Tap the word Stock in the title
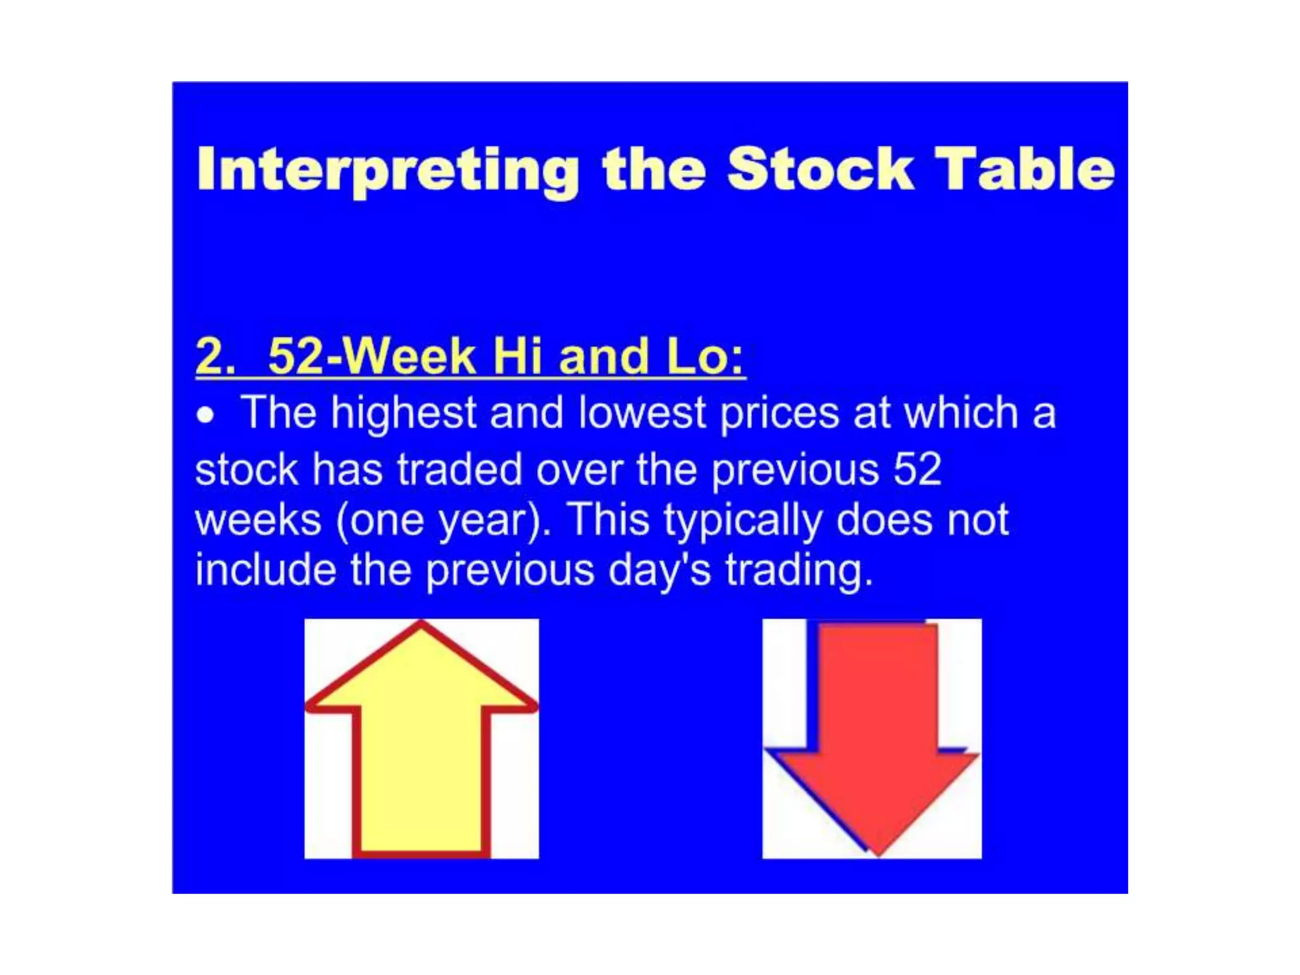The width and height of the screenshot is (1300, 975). click(x=820, y=169)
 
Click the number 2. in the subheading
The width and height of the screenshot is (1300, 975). click(x=215, y=357)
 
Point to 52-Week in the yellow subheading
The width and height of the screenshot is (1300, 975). click(x=372, y=357)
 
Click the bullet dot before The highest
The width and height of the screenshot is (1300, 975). click(x=205, y=416)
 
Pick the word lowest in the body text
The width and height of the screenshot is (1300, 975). click(x=642, y=414)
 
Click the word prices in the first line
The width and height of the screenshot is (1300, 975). click(x=780, y=414)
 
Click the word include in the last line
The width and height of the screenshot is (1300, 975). click(x=265, y=569)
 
